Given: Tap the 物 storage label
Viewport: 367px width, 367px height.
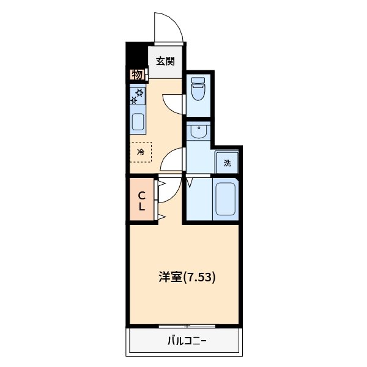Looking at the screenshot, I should click(x=137, y=75).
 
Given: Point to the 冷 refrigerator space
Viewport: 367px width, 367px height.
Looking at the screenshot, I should click(x=140, y=152).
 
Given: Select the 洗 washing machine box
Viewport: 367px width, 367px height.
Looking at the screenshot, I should click(x=227, y=163).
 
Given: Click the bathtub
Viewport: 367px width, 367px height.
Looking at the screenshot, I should click(x=225, y=197).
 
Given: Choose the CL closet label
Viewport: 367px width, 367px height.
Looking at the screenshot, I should click(x=141, y=201).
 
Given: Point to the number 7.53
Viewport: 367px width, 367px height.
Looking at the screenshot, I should click(x=201, y=276).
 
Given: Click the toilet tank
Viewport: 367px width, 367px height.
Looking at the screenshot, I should click(x=198, y=81).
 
